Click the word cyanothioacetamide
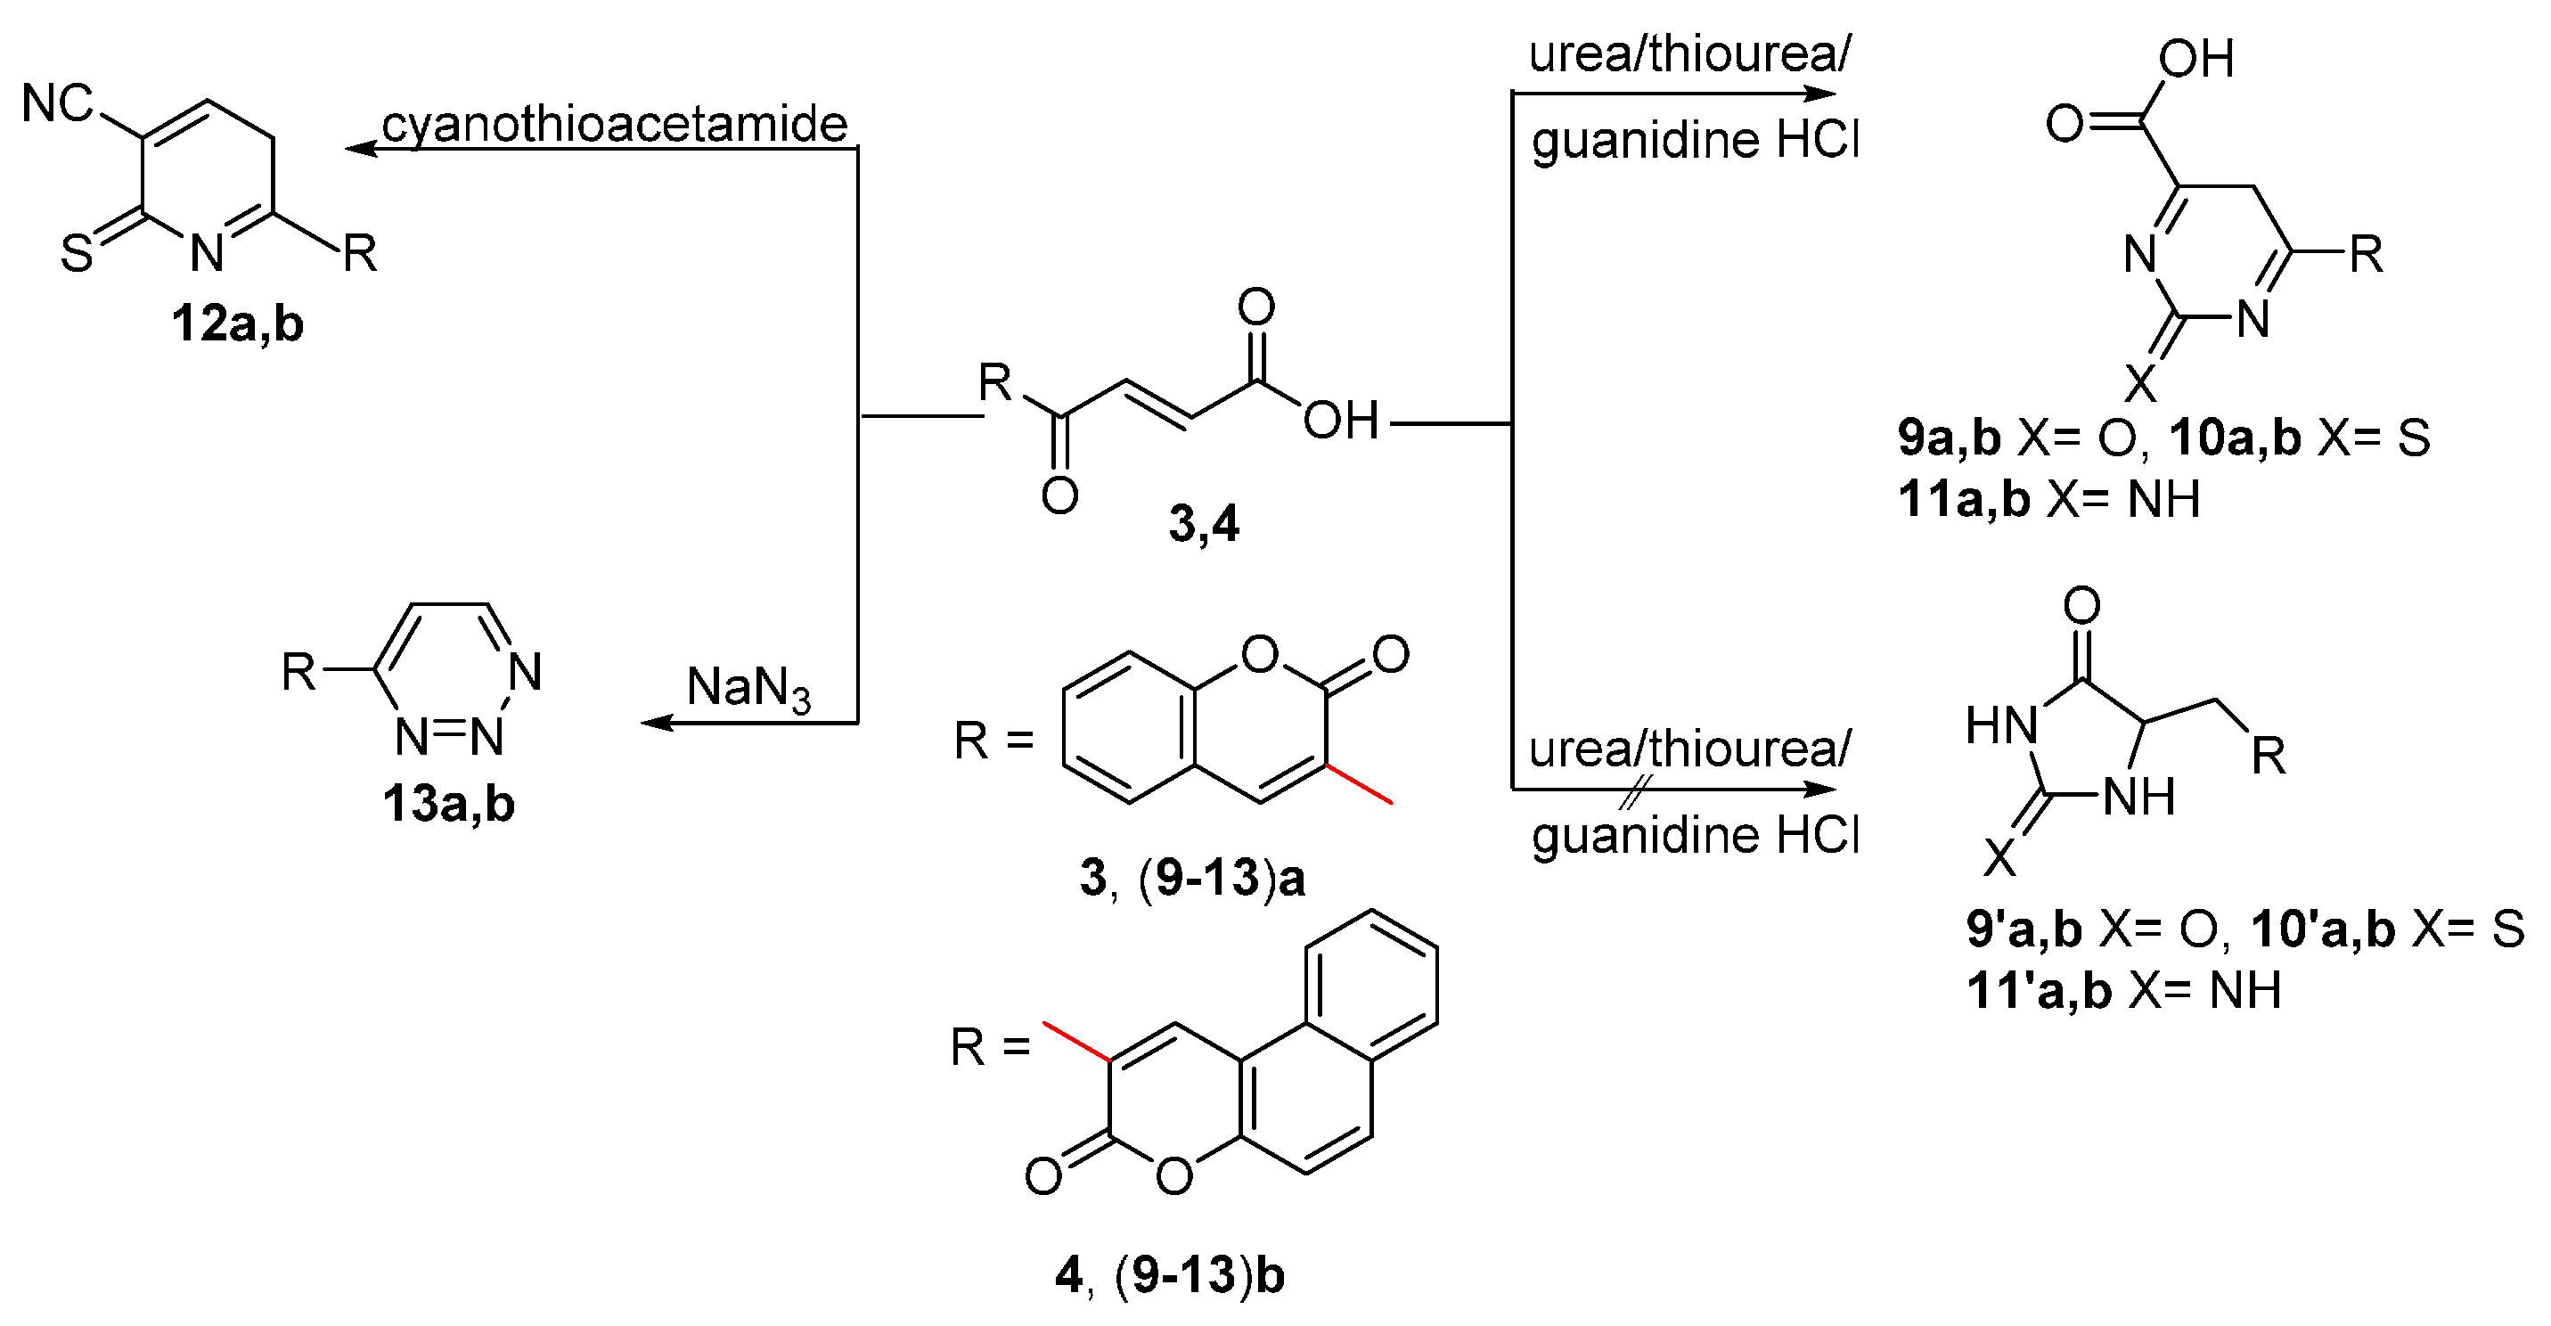point(614,125)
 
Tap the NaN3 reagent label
point(748,687)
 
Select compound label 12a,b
point(238,323)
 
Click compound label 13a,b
point(448,804)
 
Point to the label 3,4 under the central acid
point(1203,524)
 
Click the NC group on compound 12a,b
point(57,103)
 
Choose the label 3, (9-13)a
point(1192,879)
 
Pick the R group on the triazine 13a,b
point(298,673)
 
